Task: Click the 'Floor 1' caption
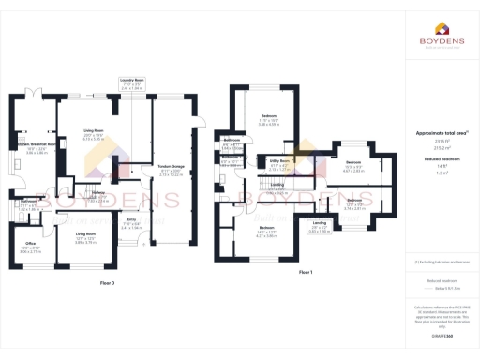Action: click(305, 272)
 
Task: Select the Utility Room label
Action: click(279, 160)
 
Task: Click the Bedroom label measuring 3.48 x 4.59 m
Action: click(270, 116)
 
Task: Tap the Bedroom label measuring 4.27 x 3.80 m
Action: click(266, 229)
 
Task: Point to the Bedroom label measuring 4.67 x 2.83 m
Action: click(352, 162)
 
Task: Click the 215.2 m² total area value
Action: click(441, 148)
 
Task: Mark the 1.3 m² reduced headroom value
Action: click(441, 173)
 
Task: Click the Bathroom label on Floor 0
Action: click(29, 202)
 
